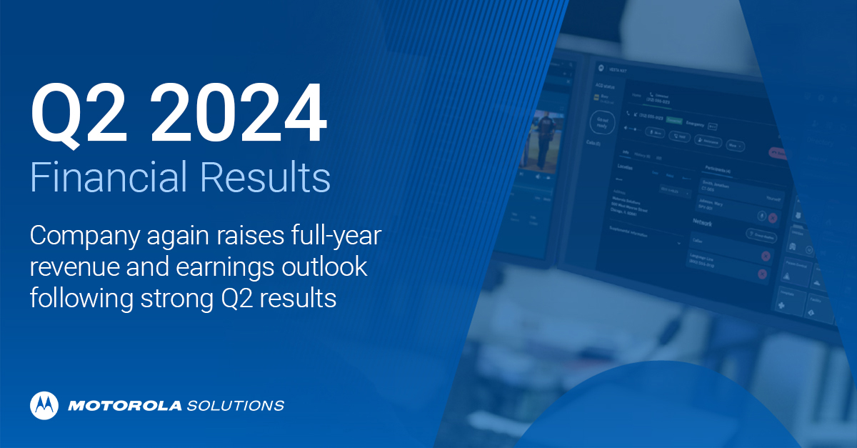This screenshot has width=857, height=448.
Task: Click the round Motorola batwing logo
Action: click(x=44, y=405)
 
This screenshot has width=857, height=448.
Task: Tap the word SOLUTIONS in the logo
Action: click(x=235, y=406)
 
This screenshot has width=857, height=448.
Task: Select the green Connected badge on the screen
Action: click(x=674, y=120)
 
